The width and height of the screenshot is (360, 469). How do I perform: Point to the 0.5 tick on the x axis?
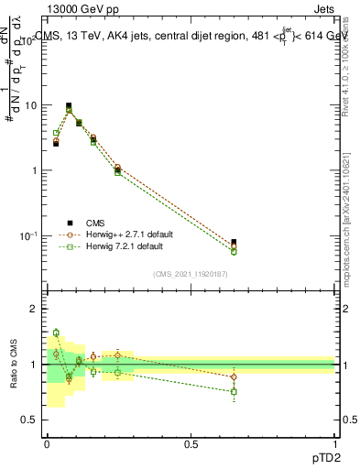[191, 444]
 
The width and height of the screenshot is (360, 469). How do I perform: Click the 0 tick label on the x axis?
[47, 444]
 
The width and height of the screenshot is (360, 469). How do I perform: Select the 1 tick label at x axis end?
[334, 444]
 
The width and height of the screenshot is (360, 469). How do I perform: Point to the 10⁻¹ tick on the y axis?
[29, 236]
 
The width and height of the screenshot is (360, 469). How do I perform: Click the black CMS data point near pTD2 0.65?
[234, 243]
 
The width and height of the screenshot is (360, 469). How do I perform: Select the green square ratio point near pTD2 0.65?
[234, 392]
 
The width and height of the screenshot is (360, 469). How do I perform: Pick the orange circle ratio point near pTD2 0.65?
[234, 376]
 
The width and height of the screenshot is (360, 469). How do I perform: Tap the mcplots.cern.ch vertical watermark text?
[353, 211]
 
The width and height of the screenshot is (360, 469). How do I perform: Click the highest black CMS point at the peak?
[69, 106]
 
